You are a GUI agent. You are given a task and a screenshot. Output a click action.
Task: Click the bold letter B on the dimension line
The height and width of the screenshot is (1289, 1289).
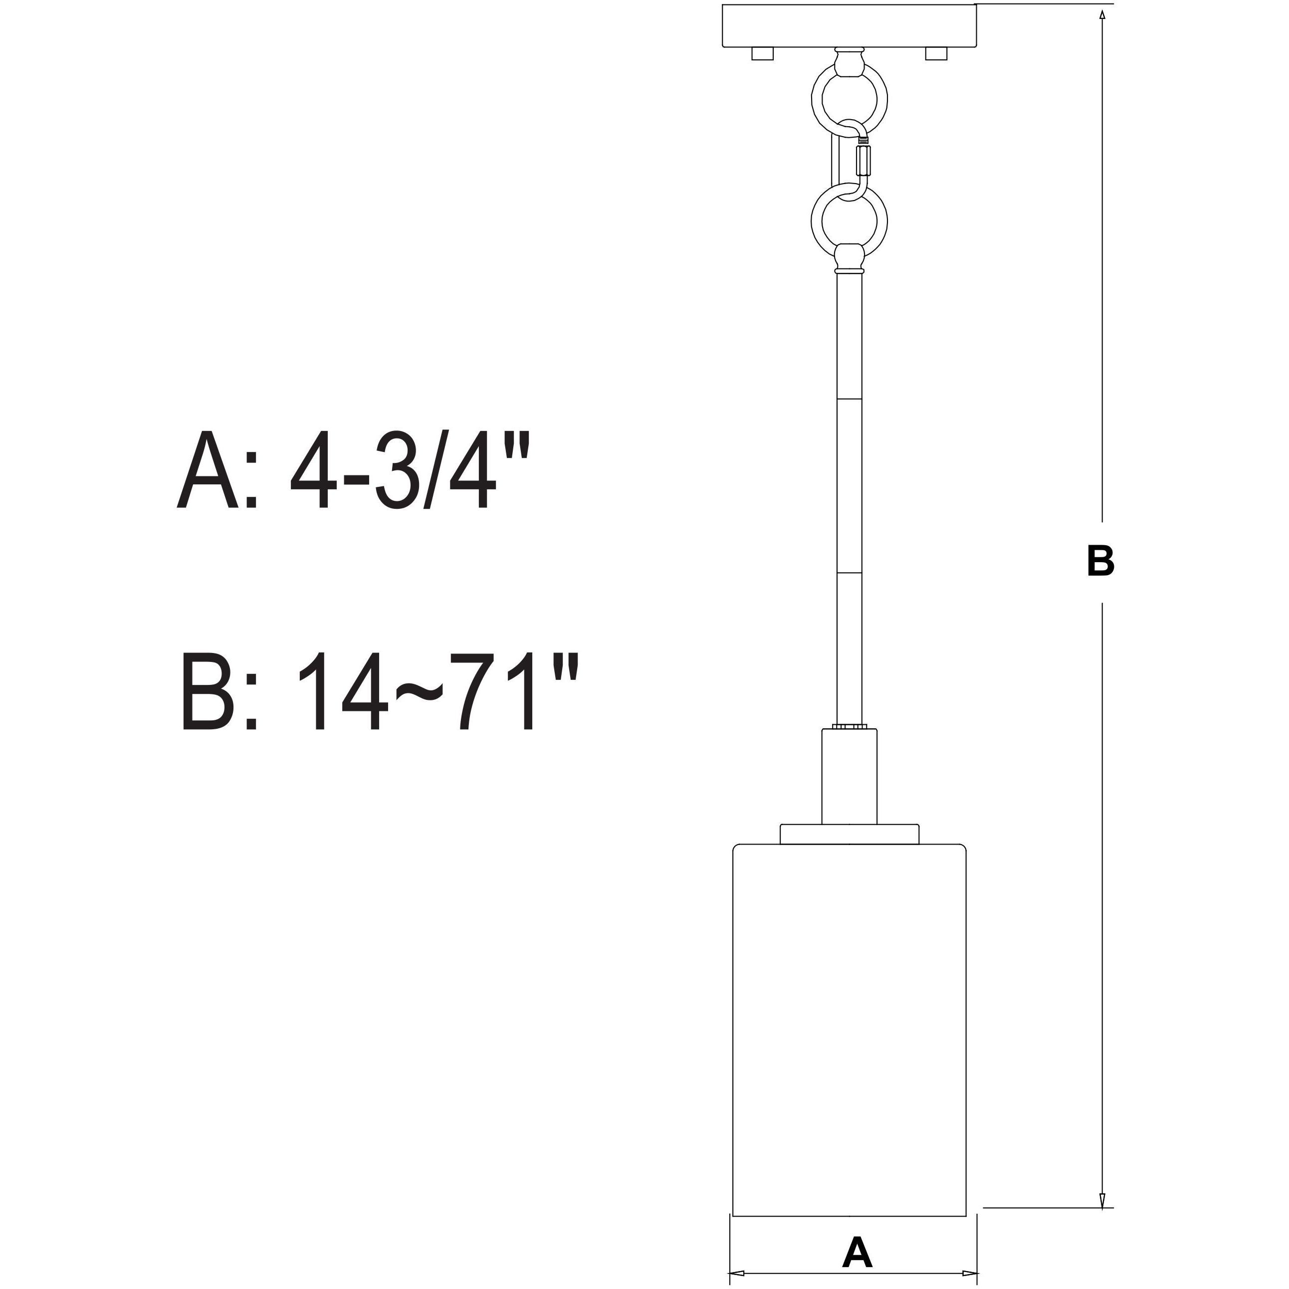pyautogui.click(x=1100, y=561)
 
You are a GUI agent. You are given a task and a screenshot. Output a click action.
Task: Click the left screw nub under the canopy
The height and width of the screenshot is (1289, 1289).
pyautogui.click(x=762, y=53)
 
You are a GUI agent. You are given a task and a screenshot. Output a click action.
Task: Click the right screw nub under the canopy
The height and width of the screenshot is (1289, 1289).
pyautogui.click(x=935, y=53)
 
